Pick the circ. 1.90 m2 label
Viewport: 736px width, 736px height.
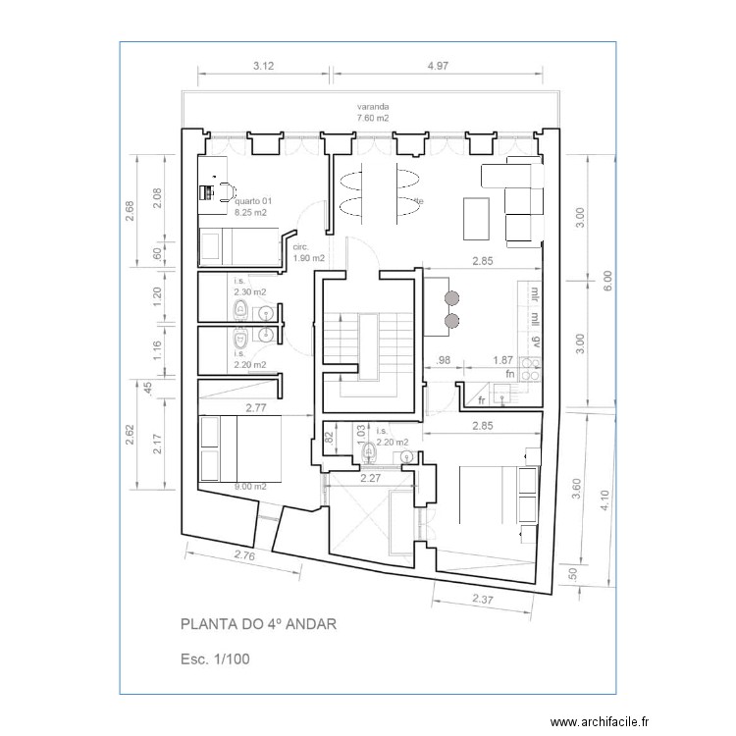tap(309, 252)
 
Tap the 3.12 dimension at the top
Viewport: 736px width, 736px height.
tap(263, 66)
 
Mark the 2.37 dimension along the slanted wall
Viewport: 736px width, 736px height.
tap(482, 599)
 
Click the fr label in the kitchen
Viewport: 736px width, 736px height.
tap(481, 400)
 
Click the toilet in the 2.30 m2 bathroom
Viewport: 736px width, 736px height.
tap(238, 310)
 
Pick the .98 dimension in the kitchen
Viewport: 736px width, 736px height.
tap(444, 360)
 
